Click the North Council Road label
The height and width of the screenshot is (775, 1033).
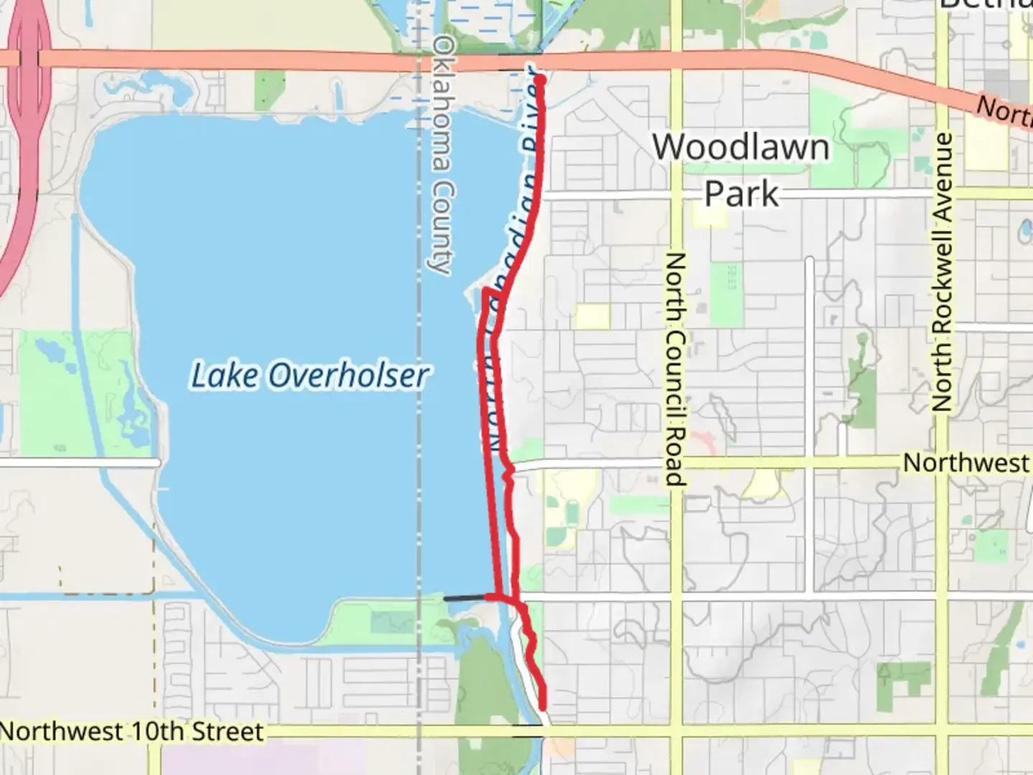tap(674, 369)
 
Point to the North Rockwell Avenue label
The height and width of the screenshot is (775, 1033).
tap(943, 272)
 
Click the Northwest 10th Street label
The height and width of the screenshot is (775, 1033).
tap(133, 732)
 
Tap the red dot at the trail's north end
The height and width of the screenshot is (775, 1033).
tap(539, 80)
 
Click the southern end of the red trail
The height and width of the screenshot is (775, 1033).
tap(543, 707)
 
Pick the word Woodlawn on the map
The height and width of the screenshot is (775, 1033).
tap(741, 147)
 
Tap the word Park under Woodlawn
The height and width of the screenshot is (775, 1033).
tap(741, 194)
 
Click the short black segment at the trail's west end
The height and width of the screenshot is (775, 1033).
tap(464, 598)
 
